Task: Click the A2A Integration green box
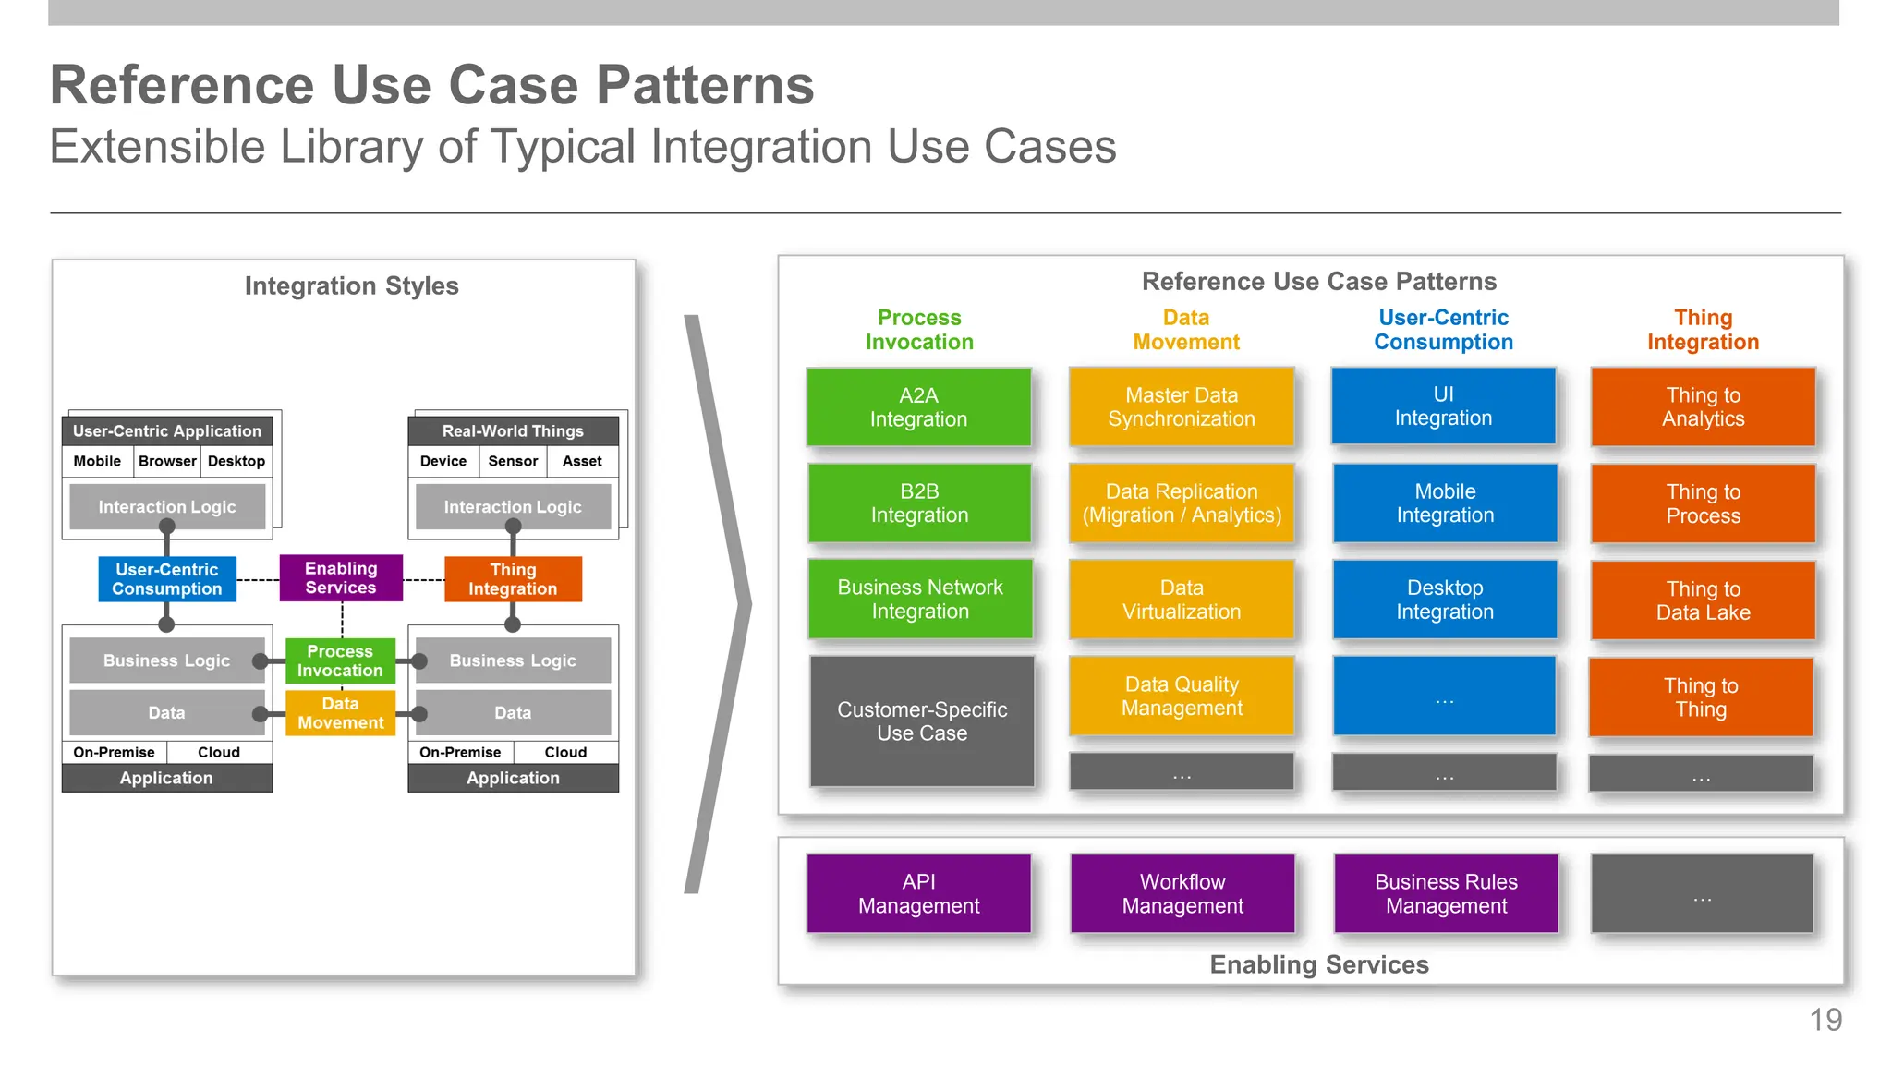918,407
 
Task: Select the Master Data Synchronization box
1181,407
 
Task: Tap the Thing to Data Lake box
1703,600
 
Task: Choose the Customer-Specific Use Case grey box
921,721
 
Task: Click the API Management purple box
918,893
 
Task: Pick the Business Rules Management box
1445,893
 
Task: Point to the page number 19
1825,1020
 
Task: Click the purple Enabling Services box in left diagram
341,578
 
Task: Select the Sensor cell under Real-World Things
513,461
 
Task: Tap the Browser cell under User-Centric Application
167,461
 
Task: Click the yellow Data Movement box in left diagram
340,713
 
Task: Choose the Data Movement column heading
1185,330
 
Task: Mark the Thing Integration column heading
1703,330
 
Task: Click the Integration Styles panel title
351,286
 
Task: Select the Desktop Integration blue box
1444,600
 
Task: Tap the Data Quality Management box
1181,696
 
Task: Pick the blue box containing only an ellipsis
1444,697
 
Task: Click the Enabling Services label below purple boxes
1318,964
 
